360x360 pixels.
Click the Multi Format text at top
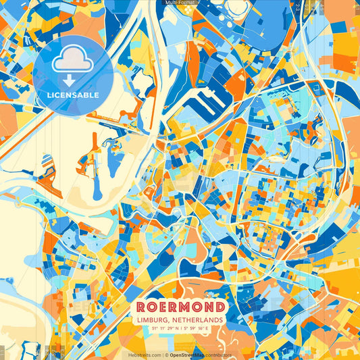click(x=180, y=3)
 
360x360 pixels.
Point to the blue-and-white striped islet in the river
click(x=47, y=162)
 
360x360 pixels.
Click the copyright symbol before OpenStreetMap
click(x=166, y=355)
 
